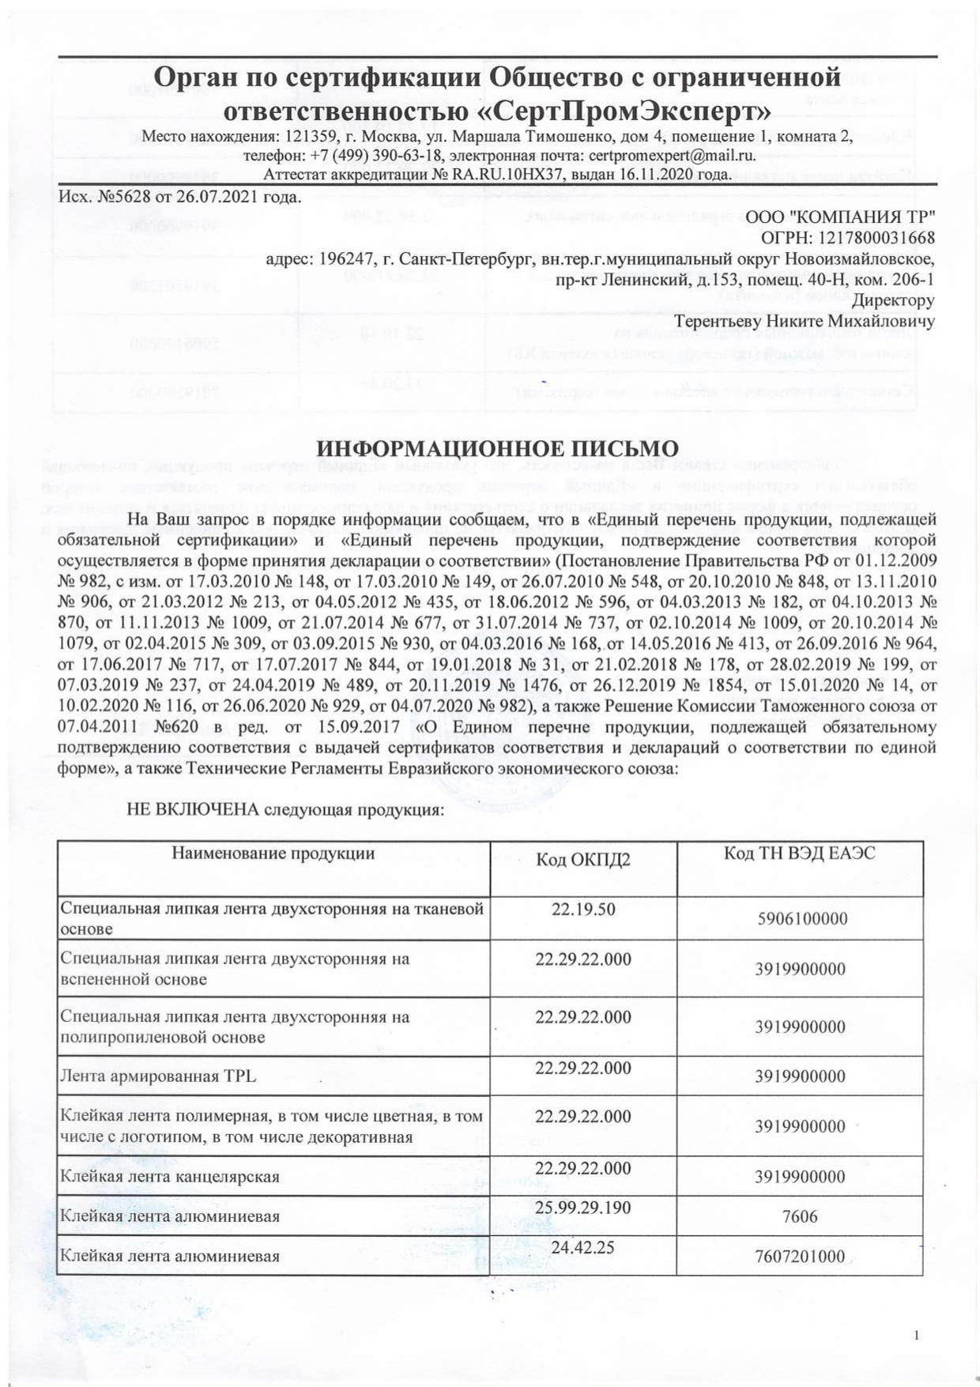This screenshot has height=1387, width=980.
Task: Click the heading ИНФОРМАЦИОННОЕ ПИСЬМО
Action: [x=498, y=449]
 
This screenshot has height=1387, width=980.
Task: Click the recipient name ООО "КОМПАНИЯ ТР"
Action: [x=841, y=217]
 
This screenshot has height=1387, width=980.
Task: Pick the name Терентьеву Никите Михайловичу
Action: [x=805, y=321]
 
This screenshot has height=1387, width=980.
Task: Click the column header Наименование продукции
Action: [x=273, y=853]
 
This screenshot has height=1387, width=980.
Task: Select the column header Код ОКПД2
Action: [x=583, y=860]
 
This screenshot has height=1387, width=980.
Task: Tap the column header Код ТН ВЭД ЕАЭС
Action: [x=800, y=853]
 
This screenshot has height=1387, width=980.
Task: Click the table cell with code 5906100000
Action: [x=800, y=918]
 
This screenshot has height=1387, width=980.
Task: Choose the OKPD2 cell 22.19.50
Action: [x=583, y=909]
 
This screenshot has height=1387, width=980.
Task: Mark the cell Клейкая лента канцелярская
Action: [x=170, y=1177]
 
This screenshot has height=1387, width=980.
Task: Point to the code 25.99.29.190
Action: [x=583, y=1207]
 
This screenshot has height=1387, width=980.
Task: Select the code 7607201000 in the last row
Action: [x=800, y=1257]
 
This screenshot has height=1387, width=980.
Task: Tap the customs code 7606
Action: [x=800, y=1216]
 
